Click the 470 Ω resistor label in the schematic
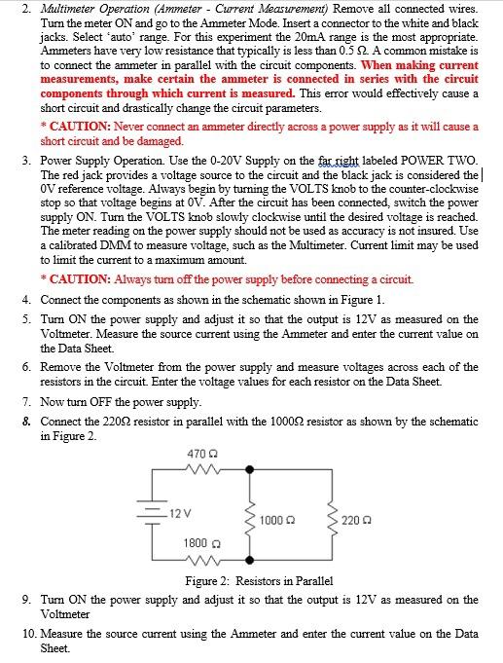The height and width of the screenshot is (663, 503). click(199, 454)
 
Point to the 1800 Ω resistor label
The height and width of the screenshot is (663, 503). click(199, 541)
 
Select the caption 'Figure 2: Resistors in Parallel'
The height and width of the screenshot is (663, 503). click(259, 580)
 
